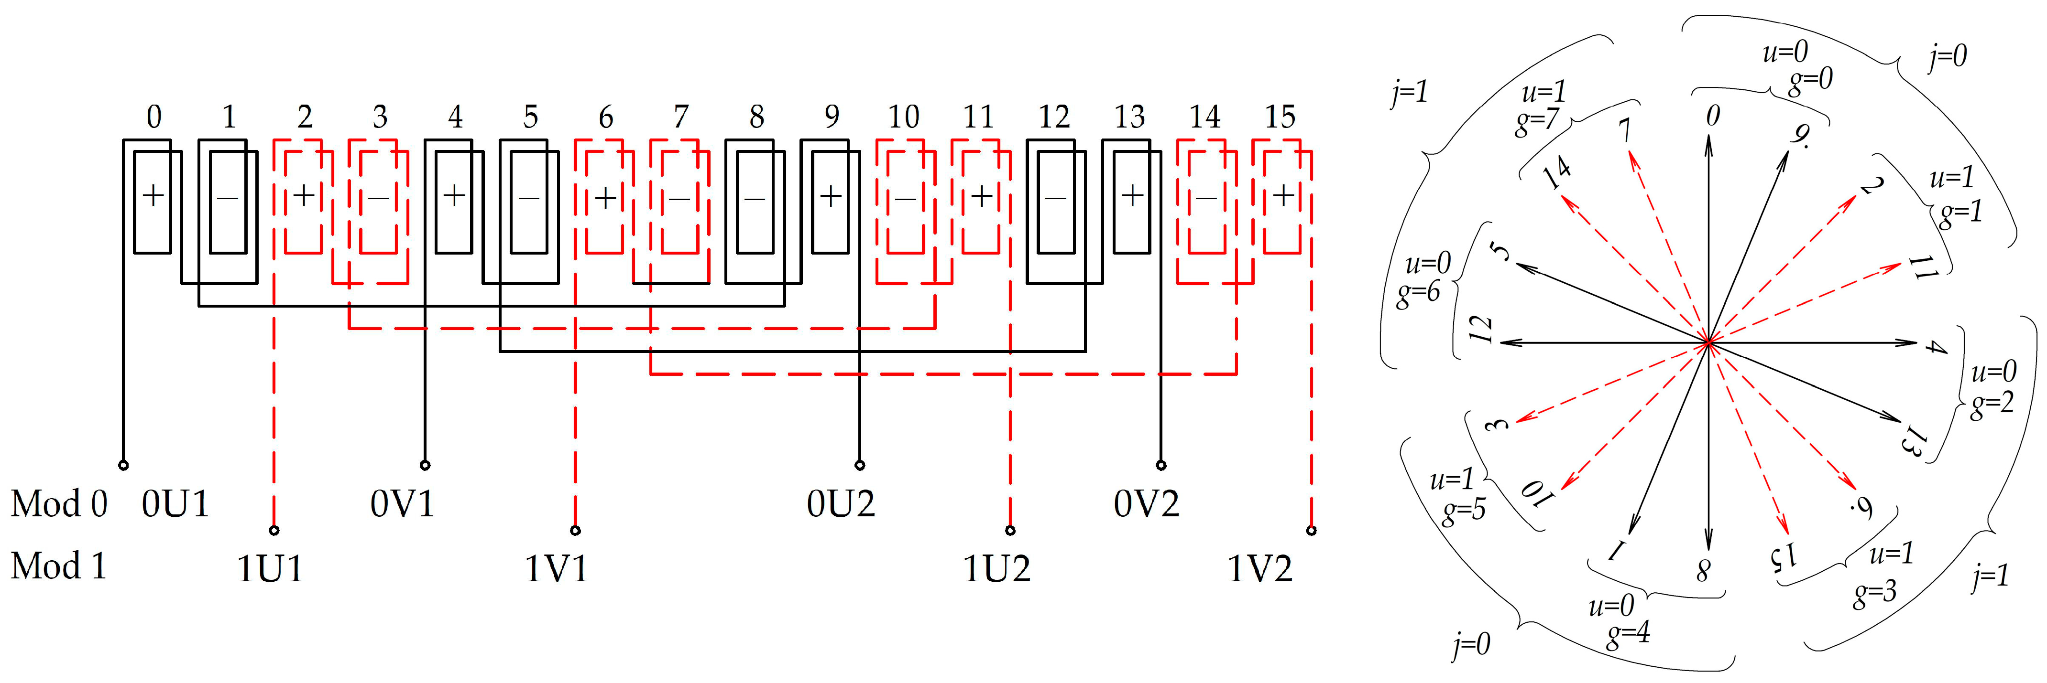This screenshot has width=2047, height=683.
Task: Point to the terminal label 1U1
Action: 270,569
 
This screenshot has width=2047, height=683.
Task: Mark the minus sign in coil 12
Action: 1056,197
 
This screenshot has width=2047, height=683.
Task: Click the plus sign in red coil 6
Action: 605,197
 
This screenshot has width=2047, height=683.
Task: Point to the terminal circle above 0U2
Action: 859,465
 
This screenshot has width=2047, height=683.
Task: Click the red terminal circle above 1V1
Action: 575,530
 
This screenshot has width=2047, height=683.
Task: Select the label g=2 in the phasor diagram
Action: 1992,404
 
